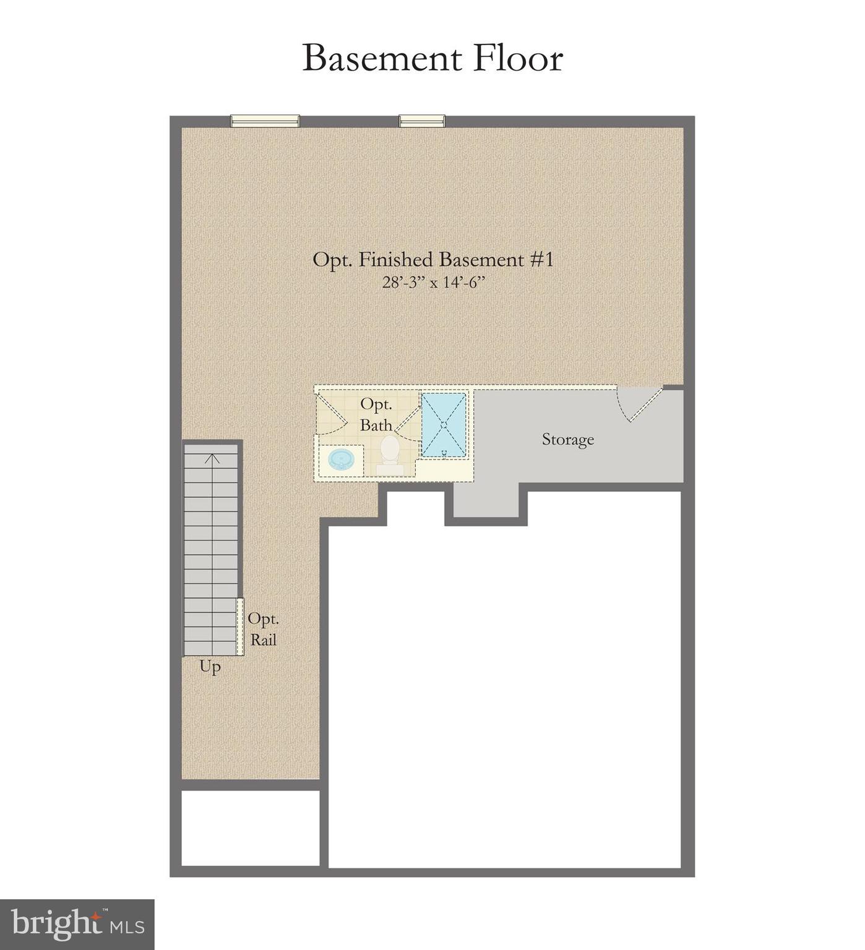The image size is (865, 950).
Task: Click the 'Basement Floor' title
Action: [432, 59]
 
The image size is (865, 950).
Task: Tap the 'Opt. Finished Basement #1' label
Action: [432, 259]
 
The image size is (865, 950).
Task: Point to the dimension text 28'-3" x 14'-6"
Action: [432, 283]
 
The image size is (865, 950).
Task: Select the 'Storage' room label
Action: [567, 440]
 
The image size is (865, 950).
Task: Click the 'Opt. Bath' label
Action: [376, 414]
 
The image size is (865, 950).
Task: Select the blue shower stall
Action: [444, 425]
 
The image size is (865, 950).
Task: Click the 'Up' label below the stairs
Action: [210, 667]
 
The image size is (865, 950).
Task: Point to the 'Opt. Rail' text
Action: [264, 630]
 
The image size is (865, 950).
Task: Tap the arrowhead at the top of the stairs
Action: [213, 458]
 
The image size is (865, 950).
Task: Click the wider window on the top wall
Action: [265, 121]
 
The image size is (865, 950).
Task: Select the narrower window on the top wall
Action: [422, 121]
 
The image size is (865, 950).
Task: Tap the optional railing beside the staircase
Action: [240, 626]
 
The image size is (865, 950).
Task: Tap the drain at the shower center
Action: [444, 425]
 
